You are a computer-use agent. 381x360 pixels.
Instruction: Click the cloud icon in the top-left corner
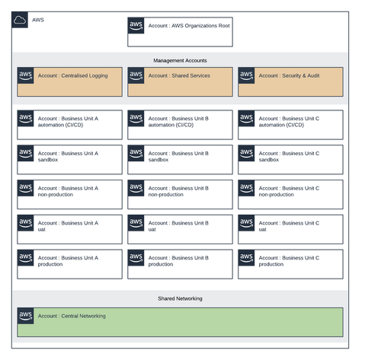[21, 19]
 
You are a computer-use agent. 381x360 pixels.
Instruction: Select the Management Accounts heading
[180, 60]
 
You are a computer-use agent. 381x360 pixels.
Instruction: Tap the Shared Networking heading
[180, 299]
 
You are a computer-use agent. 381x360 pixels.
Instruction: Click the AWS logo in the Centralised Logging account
[25, 75]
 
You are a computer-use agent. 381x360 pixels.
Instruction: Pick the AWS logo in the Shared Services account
[136, 75]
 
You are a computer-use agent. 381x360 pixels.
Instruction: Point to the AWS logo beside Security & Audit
[246, 75]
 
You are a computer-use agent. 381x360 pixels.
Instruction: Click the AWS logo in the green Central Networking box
[25, 314]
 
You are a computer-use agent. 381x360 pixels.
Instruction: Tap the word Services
[200, 76]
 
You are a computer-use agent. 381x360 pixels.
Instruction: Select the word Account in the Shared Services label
[158, 76]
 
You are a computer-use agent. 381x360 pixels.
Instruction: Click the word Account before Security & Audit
[269, 76]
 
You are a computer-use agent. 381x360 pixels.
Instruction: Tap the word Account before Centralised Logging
[48, 76]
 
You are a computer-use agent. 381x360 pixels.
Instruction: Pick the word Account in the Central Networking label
[48, 316]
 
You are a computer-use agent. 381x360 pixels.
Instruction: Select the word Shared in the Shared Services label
[181, 76]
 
